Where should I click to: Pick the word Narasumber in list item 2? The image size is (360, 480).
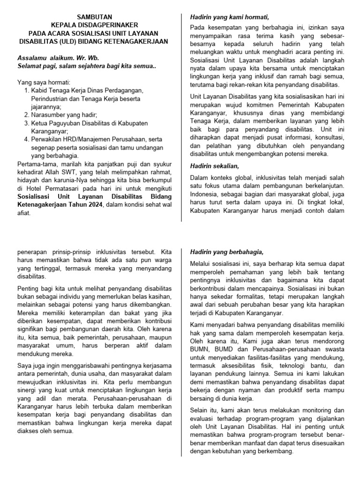[x=48, y=115]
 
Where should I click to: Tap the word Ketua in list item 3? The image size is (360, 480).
[x=40, y=123]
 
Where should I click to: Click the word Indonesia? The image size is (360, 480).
[x=206, y=194]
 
